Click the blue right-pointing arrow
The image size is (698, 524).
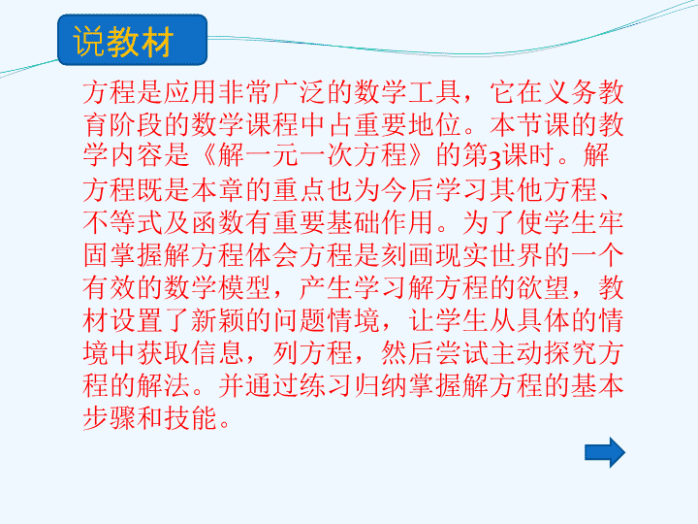[605, 452]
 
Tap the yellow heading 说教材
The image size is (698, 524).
[123, 41]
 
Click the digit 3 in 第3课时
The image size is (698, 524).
[495, 158]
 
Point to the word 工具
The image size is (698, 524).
[435, 93]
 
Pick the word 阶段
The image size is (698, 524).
[137, 125]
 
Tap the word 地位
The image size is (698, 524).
[435, 125]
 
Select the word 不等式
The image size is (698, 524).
[123, 222]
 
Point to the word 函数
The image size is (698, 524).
[218, 222]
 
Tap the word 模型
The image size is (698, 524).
[245, 287]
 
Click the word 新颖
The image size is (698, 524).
[218, 320]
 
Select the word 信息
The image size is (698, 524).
[218, 352]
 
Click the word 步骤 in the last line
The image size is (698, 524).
[110, 417]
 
